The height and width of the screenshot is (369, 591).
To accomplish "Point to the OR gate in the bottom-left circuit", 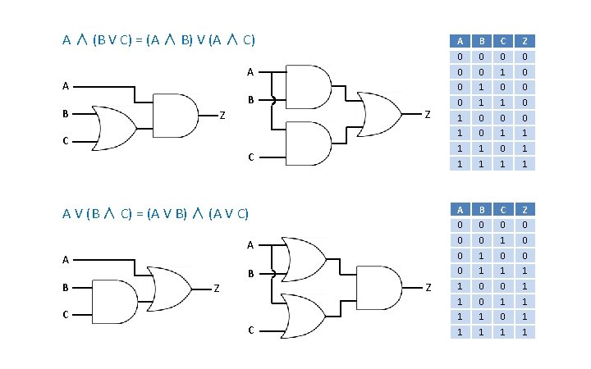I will pyautogui.click(x=168, y=287).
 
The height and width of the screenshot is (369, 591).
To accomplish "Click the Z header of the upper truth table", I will pyautogui.click(x=525, y=40).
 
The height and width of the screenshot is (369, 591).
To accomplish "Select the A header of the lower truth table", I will pyautogui.click(x=460, y=209).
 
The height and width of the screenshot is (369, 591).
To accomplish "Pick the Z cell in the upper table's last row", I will pyautogui.click(x=525, y=164).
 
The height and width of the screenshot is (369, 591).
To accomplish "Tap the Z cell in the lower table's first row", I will pyautogui.click(x=525, y=224).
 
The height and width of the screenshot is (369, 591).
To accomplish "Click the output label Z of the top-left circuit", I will pyautogui.click(x=222, y=115).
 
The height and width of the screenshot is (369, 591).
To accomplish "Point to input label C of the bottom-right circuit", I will pyautogui.click(x=251, y=330).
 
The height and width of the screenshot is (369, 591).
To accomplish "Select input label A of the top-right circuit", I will pyautogui.click(x=251, y=72).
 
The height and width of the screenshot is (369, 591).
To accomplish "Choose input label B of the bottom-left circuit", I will pyautogui.click(x=65, y=288).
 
